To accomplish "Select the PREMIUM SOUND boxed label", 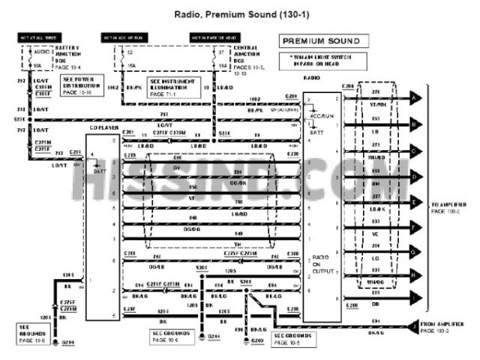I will click(319, 41).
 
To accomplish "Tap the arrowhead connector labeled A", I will click(415, 97).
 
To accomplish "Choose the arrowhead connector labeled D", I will click(415, 176).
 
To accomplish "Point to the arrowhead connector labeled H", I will click(415, 276).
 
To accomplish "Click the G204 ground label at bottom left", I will click(68, 341).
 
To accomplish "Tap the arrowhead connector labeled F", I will click(415, 226).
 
